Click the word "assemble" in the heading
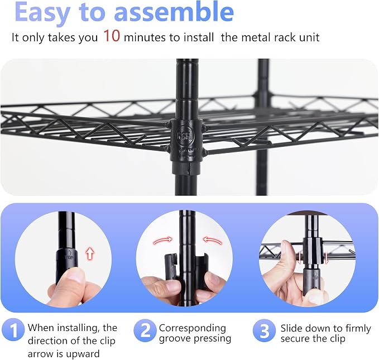tap(174, 12)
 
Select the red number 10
tap(112, 36)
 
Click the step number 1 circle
tap(13, 330)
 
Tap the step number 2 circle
tap(145, 330)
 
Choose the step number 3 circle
tap(264, 330)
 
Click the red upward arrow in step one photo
tap(90, 253)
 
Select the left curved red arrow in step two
tap(163, 240)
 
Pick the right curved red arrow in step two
tap(213, 241)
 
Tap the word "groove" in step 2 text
tap(175, 339)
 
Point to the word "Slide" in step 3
tap(291, 328)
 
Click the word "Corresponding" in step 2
tap(193, 329)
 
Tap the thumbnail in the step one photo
tap(73, 275)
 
